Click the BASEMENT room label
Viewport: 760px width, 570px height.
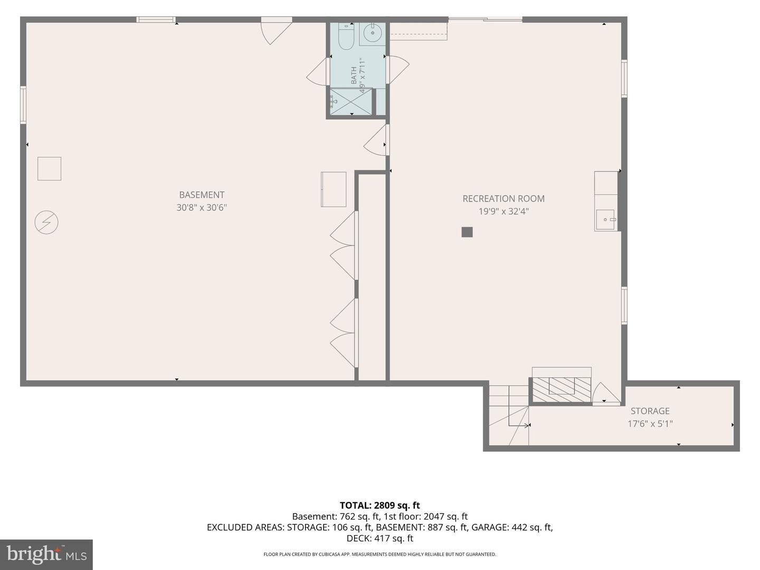[x=202, y=195]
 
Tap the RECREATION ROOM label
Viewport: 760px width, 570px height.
[x=503, y=198]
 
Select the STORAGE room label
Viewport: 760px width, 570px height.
[x=650, y=411]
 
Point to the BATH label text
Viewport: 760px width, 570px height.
[x=354, y=75]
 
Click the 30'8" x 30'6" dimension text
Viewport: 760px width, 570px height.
[x=202, y=207]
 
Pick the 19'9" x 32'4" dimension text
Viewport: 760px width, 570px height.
[x=503, y=212]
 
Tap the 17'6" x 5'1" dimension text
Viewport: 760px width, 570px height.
[x=650, y=424]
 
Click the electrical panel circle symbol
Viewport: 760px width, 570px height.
[x=46, y=223]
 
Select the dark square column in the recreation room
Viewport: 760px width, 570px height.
[x=467, y=232]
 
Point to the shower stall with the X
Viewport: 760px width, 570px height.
[x=351, y=101]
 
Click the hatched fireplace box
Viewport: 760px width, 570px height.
[x=562, y=390]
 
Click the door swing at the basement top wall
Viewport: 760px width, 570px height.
[x=276, y=31]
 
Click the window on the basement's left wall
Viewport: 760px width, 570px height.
[x=23, y=105]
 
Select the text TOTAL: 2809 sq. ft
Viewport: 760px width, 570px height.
[x=380, y=506]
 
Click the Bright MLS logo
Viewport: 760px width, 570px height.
[x=46, y=555]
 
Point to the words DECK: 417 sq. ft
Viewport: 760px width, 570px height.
[x=380, y=538]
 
